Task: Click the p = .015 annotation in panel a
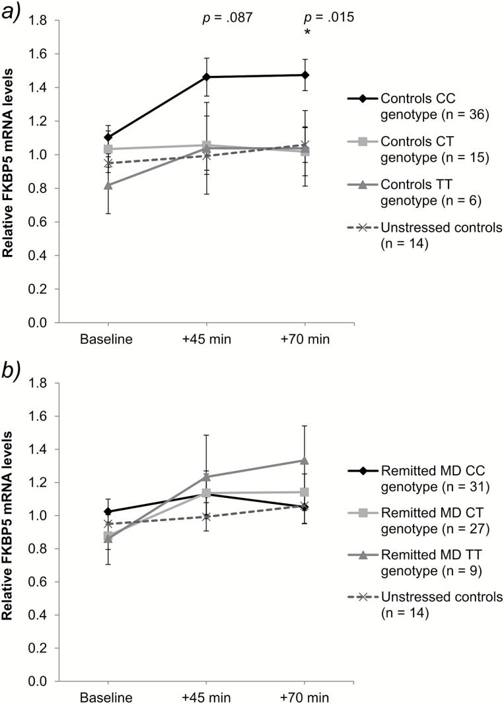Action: [x=328, y=18]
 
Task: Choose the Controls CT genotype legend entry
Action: [x=423, y=150]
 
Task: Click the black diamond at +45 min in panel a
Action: [x=206, y=77]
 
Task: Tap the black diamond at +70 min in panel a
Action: [x=306, y=75]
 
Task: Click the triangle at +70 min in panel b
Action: [x=306, y=460]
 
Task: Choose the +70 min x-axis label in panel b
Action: [x=306, y=697]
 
